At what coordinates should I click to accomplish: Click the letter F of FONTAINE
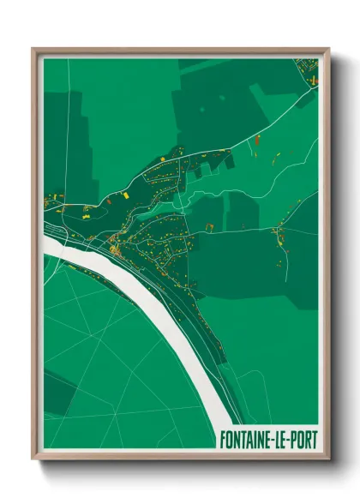coord(225,441)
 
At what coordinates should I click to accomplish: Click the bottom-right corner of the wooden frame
coord(328,459)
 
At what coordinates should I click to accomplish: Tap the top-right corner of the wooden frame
coord(328,49)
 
